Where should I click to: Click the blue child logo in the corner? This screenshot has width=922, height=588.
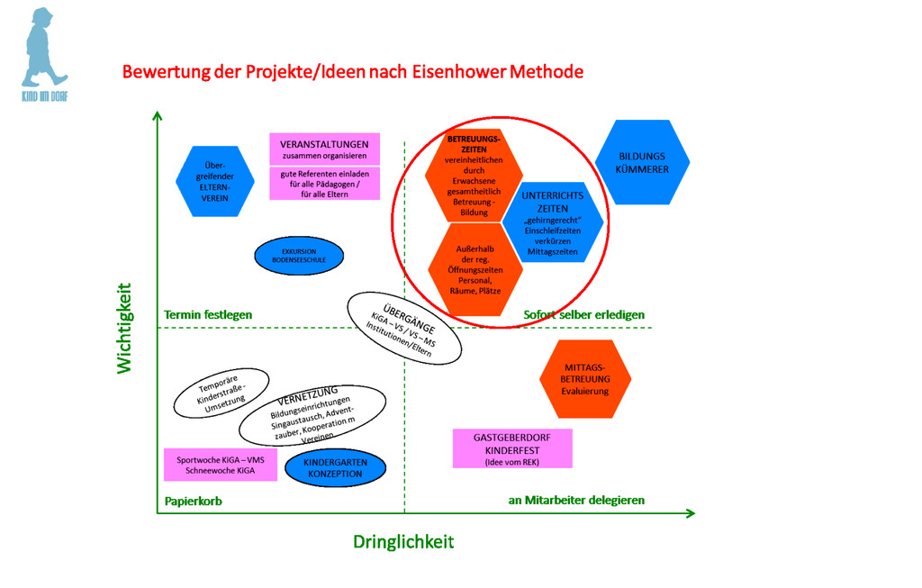coord(45,49)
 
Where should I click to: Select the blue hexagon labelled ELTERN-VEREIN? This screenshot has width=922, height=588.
coord(214,181)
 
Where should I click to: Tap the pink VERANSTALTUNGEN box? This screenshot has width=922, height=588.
coord(324,149)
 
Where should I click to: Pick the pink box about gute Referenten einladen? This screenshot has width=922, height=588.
coord(324,183)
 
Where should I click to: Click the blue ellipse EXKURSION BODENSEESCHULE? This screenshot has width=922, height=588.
coord(299,255)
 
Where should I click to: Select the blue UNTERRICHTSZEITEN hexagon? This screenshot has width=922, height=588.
coord(553,222)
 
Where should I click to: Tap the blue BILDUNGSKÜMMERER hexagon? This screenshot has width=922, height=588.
coord(642,162)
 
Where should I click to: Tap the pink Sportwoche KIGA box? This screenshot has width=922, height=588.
coord(221,465)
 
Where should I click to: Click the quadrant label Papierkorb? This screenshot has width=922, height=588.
coord(194,501)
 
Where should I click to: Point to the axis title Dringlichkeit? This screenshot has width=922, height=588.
coord(402,541)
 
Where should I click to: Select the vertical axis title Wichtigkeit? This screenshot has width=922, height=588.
coord(124,329)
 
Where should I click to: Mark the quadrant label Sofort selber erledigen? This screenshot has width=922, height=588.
coord(583,314)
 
